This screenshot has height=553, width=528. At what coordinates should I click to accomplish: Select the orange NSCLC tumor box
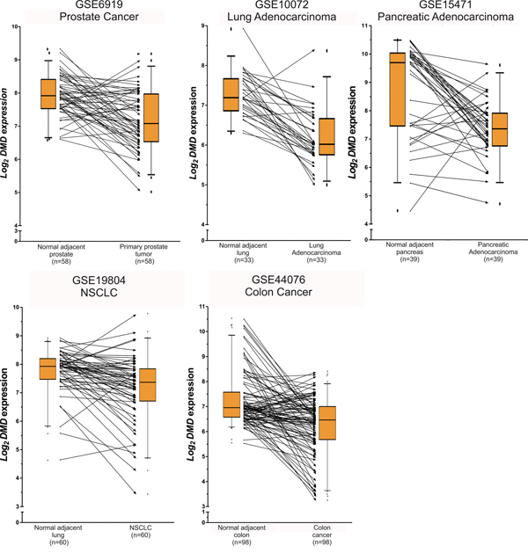(x=151, y=378)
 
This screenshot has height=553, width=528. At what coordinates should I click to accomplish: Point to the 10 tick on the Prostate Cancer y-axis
(x=18, y=27)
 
